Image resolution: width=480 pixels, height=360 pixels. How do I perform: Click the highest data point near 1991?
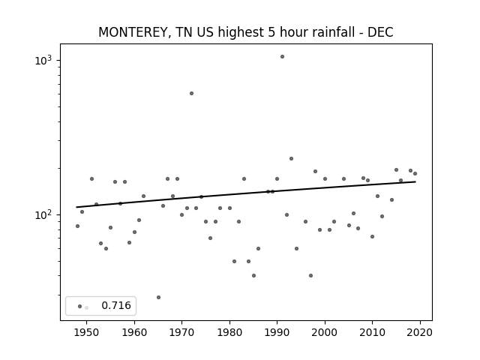coord(282,57)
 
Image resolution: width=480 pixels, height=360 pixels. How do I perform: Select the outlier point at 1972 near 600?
coord(192,93)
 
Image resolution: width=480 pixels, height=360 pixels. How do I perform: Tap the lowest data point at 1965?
coord(158,297)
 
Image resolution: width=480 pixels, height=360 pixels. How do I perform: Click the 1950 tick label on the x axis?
coord(87,332)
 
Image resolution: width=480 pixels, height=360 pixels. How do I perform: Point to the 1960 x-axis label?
coord(134,332)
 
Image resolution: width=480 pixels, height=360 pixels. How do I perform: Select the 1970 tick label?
coord(181,332)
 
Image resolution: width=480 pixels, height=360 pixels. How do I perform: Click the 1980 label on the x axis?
coord(229,332)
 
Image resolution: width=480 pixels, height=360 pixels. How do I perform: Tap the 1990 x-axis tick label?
coord(277,332)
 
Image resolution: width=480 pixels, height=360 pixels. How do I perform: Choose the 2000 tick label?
coord(325,332)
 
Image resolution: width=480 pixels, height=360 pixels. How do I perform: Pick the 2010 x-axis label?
coord(372,332)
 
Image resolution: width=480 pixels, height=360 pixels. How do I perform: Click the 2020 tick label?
coord(420,332)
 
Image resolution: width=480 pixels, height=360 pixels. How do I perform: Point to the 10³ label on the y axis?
coord(46,60)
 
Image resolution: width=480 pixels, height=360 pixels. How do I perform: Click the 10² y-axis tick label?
coord(46,214)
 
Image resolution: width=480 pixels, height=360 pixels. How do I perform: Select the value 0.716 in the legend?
coord(116,305)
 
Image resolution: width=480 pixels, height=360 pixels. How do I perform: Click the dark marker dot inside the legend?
coord(80,306)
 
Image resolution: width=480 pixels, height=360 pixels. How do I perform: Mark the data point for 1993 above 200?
coord(292,158)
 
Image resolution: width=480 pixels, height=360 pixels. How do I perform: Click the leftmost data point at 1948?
coord(77,226)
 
